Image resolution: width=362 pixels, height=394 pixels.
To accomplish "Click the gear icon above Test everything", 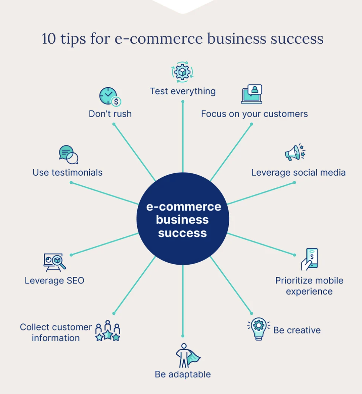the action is pos(182,72).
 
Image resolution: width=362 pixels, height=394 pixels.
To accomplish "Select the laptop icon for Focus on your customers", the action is pos(252,94).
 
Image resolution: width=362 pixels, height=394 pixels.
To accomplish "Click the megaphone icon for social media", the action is pos(295,152).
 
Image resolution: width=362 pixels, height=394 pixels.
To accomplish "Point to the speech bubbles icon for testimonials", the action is pos(68,154).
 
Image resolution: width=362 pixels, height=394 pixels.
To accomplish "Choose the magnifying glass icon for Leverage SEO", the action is pos(54,262).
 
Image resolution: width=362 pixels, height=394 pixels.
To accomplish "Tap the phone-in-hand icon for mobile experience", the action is pos(309,259).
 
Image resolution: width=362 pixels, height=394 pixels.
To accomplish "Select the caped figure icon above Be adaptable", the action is pos(188,355).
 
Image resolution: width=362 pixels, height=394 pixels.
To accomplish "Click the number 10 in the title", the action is pos(48,39).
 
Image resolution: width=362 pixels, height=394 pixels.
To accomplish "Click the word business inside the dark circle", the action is pos(182,220).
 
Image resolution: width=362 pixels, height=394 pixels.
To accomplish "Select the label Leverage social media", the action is pos(298,173).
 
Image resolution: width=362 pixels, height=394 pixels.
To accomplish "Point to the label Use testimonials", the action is pos(67,173).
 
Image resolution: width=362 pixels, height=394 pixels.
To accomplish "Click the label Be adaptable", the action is pos(182,374).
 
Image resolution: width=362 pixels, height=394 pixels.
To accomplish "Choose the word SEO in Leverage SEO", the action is pos(76,281).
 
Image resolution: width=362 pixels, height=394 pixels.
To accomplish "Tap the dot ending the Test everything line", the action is pos(183,102).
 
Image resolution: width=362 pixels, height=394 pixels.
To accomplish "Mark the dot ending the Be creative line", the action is pos(252,313).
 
